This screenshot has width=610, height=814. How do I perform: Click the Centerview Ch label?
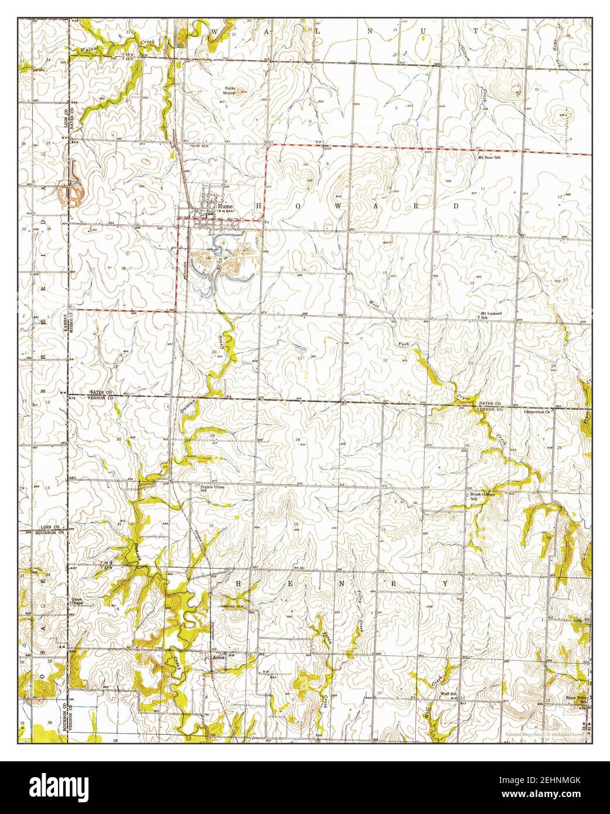pyautogui.click(x=537, y=412)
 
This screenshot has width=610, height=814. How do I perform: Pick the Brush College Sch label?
pyautogui.click(x=482, y=496)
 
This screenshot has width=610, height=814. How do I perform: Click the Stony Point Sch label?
pyautogui.click(x=575, y=699)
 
